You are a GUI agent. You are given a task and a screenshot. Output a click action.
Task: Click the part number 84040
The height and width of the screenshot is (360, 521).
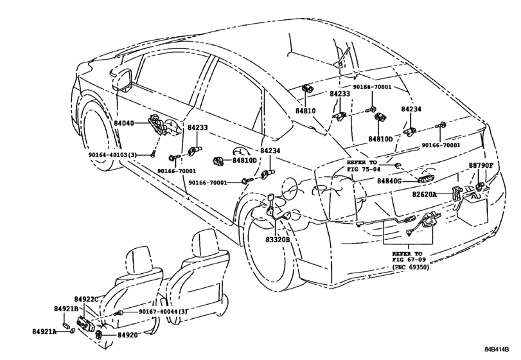click(x=123, y=123)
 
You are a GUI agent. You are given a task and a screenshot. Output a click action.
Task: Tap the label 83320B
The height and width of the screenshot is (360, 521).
click(x=278, y=239)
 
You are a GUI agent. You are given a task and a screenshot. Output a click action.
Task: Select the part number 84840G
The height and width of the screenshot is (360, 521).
click(x=389, y=181)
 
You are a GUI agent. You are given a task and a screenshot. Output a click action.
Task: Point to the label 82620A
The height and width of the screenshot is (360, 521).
click(x=424, y=194)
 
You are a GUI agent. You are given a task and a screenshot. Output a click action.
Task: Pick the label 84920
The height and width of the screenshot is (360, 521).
click(x=127, y=335)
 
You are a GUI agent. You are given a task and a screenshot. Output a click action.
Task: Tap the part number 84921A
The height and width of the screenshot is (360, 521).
click(x=44, y=332)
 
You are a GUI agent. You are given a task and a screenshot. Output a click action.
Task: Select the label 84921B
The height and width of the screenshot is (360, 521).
click(x=66, y=309)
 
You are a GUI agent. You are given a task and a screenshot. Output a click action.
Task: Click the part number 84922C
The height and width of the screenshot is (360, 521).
click(x=86, y=299)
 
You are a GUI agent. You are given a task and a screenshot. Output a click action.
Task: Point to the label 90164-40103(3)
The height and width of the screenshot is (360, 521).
click(x=112, y=155)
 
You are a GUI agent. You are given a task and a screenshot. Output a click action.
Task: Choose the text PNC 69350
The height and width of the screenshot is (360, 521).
click(x=411, y=267)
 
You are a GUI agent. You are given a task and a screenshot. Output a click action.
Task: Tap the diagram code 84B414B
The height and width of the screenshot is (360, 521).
click(x=497, y=349)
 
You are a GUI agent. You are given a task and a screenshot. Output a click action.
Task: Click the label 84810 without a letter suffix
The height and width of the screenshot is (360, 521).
click(x=305, y=111)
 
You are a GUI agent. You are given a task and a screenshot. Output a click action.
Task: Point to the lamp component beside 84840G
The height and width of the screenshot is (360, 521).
click(x=427, y=179)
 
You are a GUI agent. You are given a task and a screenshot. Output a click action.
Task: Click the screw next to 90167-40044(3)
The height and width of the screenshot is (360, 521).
click(x=119, y=312)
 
